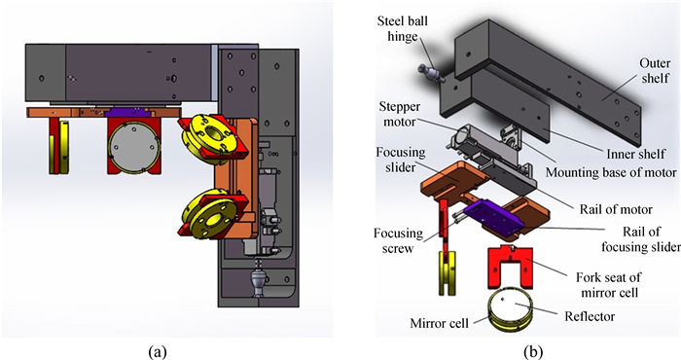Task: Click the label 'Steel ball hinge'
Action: click(402, 28)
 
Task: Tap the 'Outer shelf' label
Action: click(654, 71)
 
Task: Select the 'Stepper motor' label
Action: click(399, 114)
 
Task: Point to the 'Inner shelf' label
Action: click(635, 154)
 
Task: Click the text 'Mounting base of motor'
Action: click(611, 172)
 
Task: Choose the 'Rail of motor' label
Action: click(616, 210)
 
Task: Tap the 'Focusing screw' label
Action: click(398, 241)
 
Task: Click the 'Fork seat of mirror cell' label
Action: click(608, 284)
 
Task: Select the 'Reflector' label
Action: click(590, 316)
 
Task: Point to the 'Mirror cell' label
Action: click(440, 323)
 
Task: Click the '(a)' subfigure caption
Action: click(158, 351)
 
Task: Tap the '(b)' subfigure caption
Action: click(533, 351)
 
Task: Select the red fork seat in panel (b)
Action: click(511, 267)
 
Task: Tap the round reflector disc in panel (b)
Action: click(514, 307)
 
